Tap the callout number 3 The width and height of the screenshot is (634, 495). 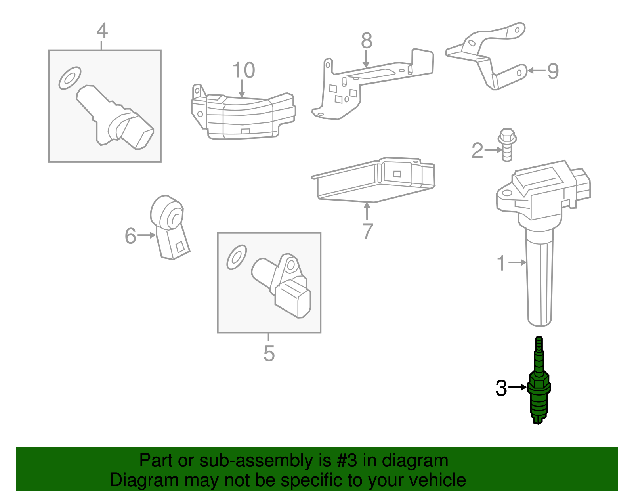point(501,388)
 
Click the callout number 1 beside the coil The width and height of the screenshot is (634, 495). point(501,263)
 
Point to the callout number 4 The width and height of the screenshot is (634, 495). point(102,31)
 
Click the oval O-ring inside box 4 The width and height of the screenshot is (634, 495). point(70,78)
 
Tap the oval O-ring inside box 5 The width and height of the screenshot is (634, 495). point(237,257)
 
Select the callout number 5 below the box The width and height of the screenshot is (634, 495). point(269,353)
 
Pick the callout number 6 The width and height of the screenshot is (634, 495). point(130,236)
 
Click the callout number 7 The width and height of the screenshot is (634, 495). point(368,231)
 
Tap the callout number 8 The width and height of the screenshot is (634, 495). point(367,40)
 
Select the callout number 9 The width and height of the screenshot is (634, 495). point(553,71)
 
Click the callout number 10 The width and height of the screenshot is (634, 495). point(243,71)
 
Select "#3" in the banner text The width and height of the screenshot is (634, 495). point(347,461)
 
